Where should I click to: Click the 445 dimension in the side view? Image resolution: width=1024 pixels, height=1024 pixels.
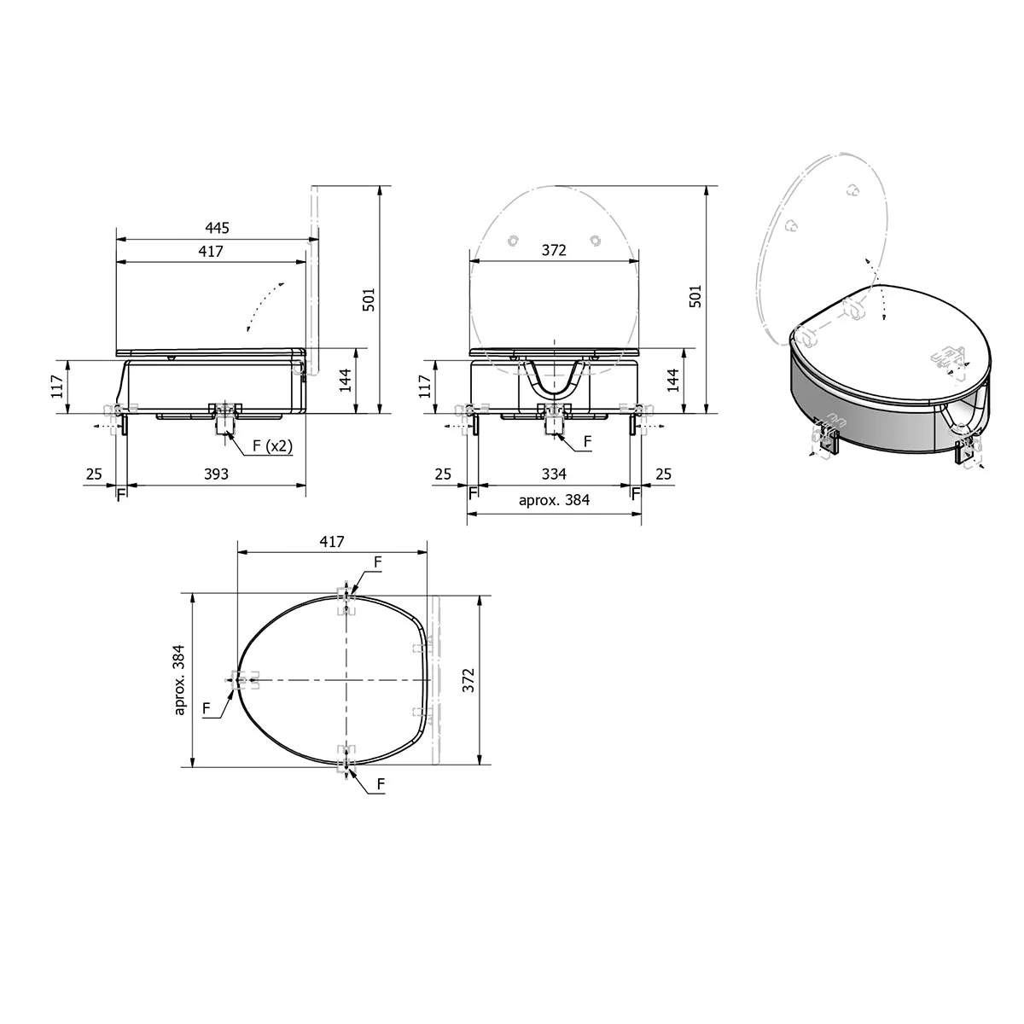[x=217, y=228]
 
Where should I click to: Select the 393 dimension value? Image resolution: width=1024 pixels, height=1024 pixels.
[x=216, y=474]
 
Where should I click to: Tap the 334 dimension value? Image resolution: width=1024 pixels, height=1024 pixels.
[x=554, y=474]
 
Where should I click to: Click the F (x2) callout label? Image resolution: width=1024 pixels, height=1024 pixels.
[x=272, y=445]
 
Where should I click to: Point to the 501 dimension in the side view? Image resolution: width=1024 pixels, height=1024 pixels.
[x=369, y=300]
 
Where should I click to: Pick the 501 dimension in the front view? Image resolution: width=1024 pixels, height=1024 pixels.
[x=695, y=296]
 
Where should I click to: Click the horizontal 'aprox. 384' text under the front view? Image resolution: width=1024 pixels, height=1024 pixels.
[x=555, y=499]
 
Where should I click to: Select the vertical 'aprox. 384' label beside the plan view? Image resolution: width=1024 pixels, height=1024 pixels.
[x=179, y=679]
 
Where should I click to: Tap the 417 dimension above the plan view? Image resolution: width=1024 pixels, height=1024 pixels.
[x=332, y=542]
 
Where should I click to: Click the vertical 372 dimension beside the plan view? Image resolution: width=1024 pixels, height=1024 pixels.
[x=468, y=680]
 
